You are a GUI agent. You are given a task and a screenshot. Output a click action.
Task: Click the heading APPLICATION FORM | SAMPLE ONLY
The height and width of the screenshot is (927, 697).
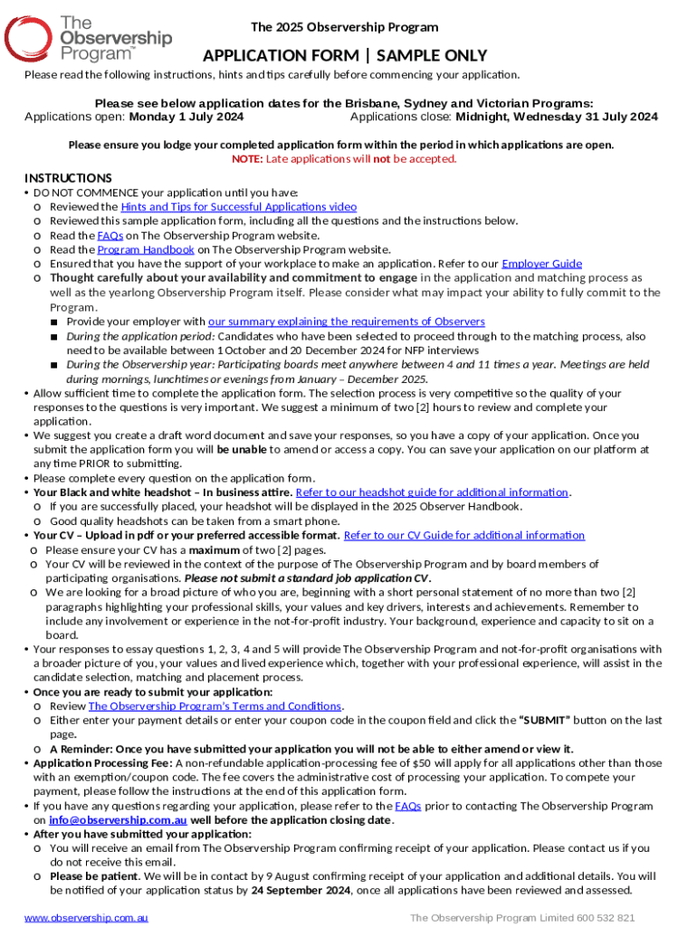[344, 56]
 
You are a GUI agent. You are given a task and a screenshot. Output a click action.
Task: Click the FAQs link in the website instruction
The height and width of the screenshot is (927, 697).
[110, 235]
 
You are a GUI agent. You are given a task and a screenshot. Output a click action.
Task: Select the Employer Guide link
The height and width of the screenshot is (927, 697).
[541, 264]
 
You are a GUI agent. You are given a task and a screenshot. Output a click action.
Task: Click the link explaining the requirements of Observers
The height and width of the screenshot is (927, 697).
[346, 321]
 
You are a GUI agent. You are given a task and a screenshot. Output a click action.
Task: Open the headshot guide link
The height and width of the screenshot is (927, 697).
[432, 492]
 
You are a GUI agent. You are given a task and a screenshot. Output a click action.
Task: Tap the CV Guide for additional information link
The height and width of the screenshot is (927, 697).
[464, 535]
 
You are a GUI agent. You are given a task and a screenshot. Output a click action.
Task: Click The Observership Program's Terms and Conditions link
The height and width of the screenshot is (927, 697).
[215, 706]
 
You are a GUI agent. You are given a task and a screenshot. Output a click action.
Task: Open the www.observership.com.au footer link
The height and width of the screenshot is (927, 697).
[86, 918]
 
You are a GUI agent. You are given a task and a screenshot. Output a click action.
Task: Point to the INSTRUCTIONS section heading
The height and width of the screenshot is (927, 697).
[68, 177]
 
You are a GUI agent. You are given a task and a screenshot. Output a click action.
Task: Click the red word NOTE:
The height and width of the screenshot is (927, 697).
[247, 159]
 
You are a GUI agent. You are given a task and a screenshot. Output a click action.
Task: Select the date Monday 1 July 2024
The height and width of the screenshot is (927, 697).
[186, 117]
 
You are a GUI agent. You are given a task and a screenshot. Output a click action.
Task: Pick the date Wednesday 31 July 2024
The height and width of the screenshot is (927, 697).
[557, 117]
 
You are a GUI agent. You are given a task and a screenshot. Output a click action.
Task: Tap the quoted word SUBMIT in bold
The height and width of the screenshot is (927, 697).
[544, 721]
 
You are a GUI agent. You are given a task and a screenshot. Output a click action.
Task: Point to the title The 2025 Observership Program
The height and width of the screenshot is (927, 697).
[344, 27]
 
